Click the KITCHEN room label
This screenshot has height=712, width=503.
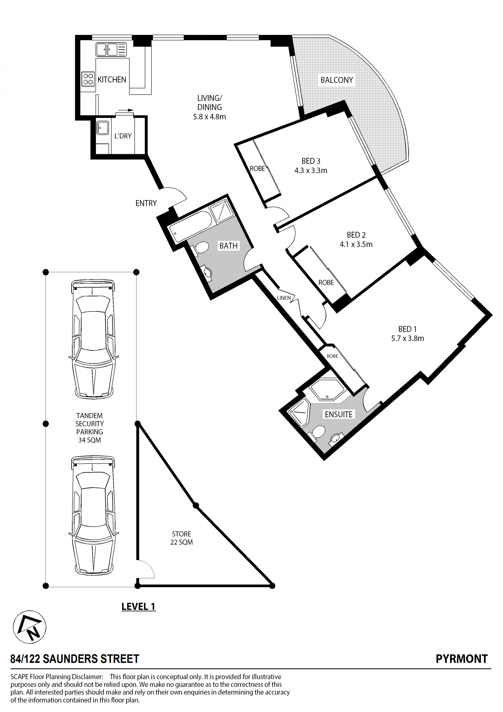point(112,80)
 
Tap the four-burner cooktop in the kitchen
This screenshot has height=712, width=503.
point(88,79)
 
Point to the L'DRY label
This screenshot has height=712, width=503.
point(123,136)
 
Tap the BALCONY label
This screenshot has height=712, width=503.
point(337,80)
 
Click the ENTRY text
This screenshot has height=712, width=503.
point(146,203)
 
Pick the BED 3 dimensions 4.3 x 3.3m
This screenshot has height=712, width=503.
point(311,170)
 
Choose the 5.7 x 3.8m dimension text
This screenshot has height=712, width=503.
point(407,338)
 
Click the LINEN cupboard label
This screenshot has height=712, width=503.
point(284,298)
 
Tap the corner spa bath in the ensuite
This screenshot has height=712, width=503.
point(328,390)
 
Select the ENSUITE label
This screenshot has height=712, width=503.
point(338,415)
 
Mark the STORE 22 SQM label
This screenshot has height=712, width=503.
point(182,538)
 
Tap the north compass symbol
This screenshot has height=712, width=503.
point(29,627)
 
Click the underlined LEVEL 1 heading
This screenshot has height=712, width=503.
point(138,607)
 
